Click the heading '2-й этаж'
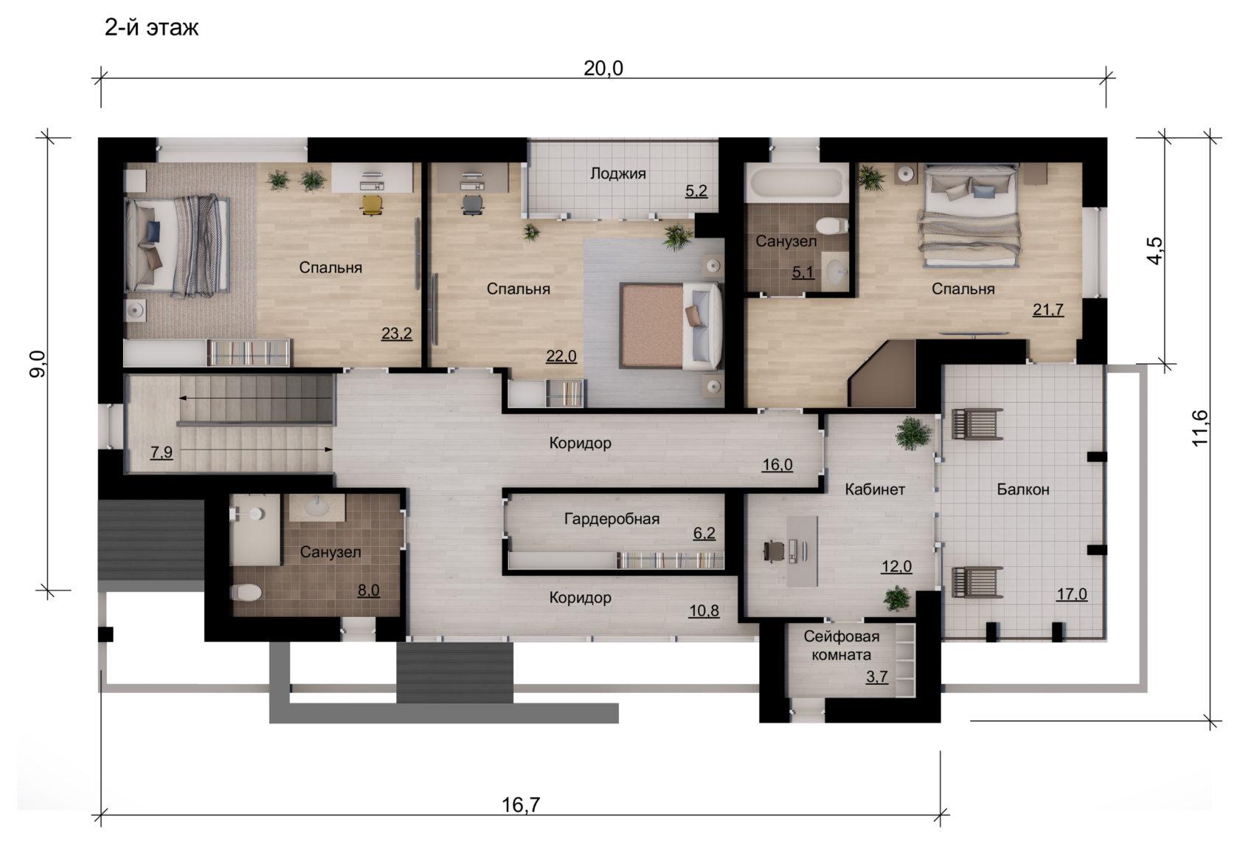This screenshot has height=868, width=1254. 151,27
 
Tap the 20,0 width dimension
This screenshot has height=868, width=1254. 603,69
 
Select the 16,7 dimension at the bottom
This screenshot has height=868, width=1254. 521,805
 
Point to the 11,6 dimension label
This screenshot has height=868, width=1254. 1199,428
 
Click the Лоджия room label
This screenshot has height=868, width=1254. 618,173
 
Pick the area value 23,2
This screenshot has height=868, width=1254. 396,334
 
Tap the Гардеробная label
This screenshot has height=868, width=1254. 612,519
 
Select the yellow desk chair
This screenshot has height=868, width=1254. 371,204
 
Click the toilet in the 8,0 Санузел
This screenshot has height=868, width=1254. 246,592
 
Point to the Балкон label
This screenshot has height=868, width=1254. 1023,489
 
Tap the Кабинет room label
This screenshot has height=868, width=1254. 874,489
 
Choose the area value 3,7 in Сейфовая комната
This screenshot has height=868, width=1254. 876,677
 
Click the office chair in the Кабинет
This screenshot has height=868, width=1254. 774,551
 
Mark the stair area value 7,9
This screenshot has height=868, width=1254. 162,452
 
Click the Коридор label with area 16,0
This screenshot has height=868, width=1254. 580,443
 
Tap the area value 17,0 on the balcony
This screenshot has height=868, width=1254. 1072,593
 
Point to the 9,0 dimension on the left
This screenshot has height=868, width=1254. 38,363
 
